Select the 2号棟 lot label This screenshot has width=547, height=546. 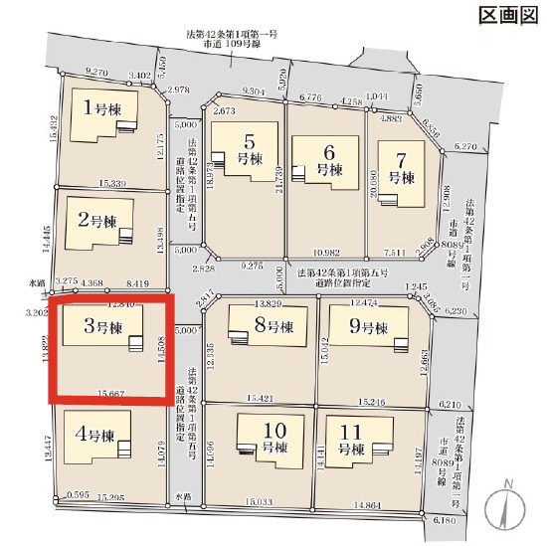click(98, 220)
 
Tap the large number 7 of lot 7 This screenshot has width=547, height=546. click(402, 159)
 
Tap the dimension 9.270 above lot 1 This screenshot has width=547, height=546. click(97, 73)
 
